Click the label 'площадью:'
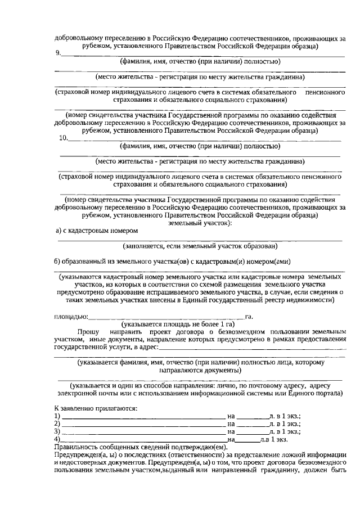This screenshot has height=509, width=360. [71, 317]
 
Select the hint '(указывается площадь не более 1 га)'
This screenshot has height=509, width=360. [178, 325]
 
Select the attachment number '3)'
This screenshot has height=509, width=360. [57, 431]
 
